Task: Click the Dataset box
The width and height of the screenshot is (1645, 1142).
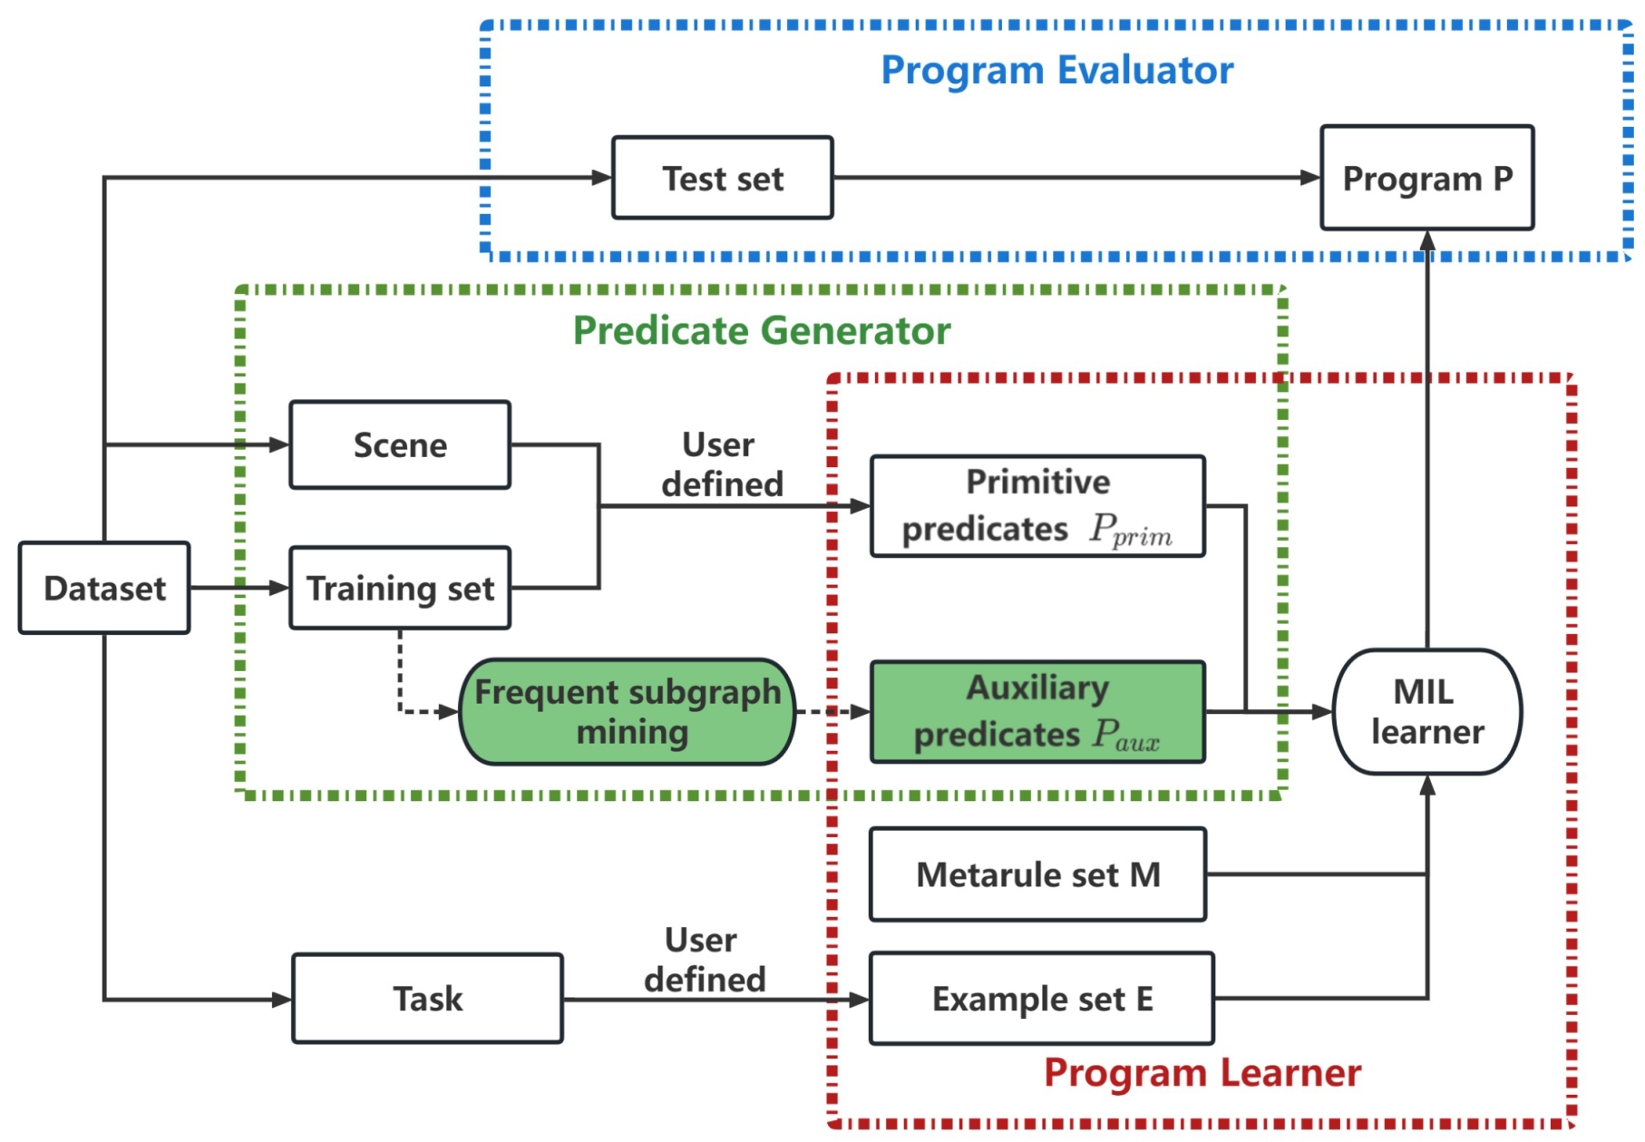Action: (x=104, y=588)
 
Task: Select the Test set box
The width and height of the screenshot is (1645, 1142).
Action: (x=723, y=178)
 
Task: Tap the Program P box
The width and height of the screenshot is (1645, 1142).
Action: (x=1427, y=178)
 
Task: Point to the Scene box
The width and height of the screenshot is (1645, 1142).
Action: (x=400, y=444)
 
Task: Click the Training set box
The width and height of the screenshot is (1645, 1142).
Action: (x=400, y=588)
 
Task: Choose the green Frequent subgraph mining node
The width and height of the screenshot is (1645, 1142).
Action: (x=628, y=712)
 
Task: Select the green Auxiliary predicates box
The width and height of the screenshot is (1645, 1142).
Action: (x=1037, y=712)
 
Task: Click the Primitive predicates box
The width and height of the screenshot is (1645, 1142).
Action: (x=1037, y=506)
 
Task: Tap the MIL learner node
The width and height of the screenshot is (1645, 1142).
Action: (x=1427, y=712)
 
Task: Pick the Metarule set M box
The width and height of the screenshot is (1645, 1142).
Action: (x=1037, y=874)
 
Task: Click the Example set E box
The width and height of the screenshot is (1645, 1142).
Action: (x=1042, y=999)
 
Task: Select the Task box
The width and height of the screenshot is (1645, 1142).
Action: (x=427, y=999)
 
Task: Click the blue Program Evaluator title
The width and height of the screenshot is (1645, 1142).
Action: (x=1057, y=70)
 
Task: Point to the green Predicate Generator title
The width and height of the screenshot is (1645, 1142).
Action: (x=762, y=330)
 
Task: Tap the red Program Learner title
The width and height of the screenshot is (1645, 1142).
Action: (x=1202, y=1073)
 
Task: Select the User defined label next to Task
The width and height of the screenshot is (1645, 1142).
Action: (x=705, y=960)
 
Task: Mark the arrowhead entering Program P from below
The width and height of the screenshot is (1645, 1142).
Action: (x=1427, y=240)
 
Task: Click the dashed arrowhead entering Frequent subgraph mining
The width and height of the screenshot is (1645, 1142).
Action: (x=448, y=712)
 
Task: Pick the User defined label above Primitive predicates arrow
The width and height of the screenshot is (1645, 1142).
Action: (x=722, y=464)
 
